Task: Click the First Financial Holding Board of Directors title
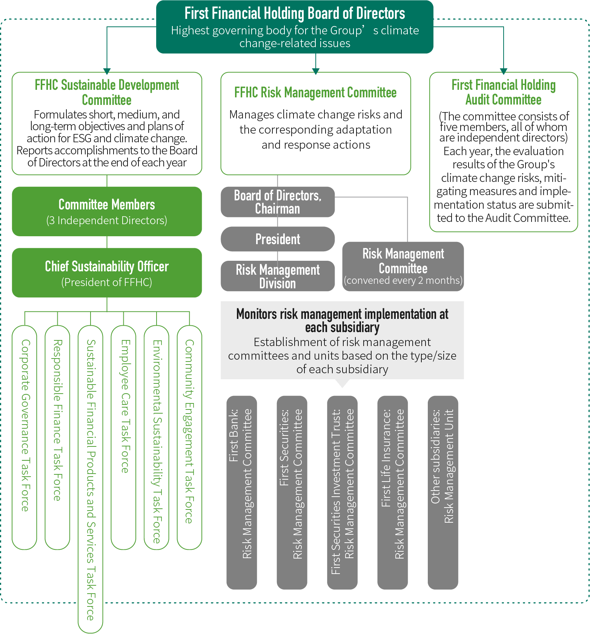tap(295, 13)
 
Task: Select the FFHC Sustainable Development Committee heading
tap(107, 92)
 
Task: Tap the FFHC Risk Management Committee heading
tap(315, 92)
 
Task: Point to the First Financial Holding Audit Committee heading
tap(504, 92)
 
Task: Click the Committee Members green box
tap(107, 211)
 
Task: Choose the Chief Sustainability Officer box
tap(107, 272)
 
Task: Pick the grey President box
tap(278, 239)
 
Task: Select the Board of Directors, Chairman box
tap(278, 202)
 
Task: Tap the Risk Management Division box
tap(278, 276)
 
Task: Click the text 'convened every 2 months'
tap(403, 280)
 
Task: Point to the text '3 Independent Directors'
tap(107, 220)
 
